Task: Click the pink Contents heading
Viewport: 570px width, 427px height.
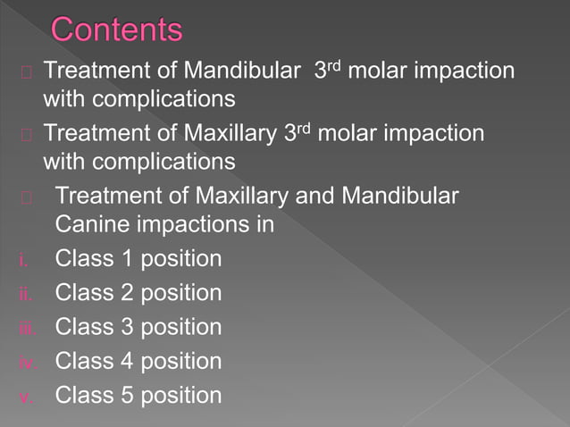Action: (x=117, y=29)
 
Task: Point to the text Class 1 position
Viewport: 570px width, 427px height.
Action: (x=138, y=259)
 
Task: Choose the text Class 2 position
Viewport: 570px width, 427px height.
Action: (x=138, y=293)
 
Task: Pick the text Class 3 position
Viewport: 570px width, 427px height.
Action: (x=138, y=327)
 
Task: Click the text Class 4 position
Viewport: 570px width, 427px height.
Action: (x=138, y=361)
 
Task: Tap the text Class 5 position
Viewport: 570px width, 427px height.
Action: (x=138, y=395)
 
